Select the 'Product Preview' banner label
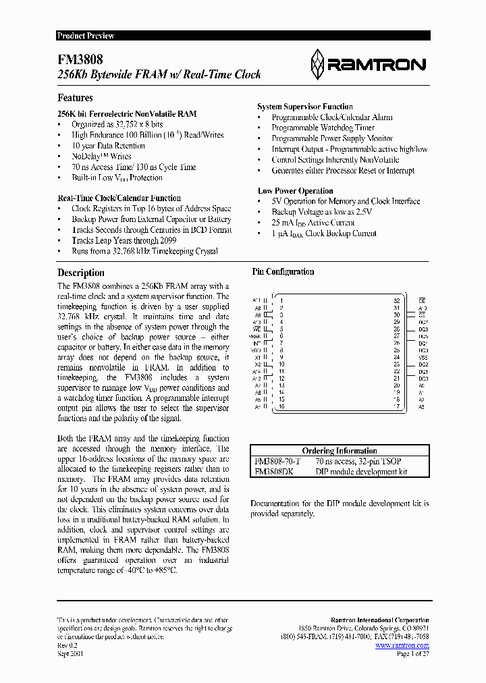[x=86, y=36]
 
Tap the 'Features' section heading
[x=75, y=98]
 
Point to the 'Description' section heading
[x=80, y=273]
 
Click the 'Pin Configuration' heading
[x=283, y=272]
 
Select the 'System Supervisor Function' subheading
[x=305, y=107]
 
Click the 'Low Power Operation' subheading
[x=296, y=191]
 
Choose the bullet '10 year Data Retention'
[x=108, y=146]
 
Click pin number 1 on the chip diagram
[x=280, y=300]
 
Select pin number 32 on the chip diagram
[x=397, y=300]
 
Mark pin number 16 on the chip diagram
[x=281, y=406]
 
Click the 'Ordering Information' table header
[x=339, y=451]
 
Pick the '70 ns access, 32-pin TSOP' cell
[x=362, y=461]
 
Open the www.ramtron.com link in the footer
[x=402, y=646]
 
